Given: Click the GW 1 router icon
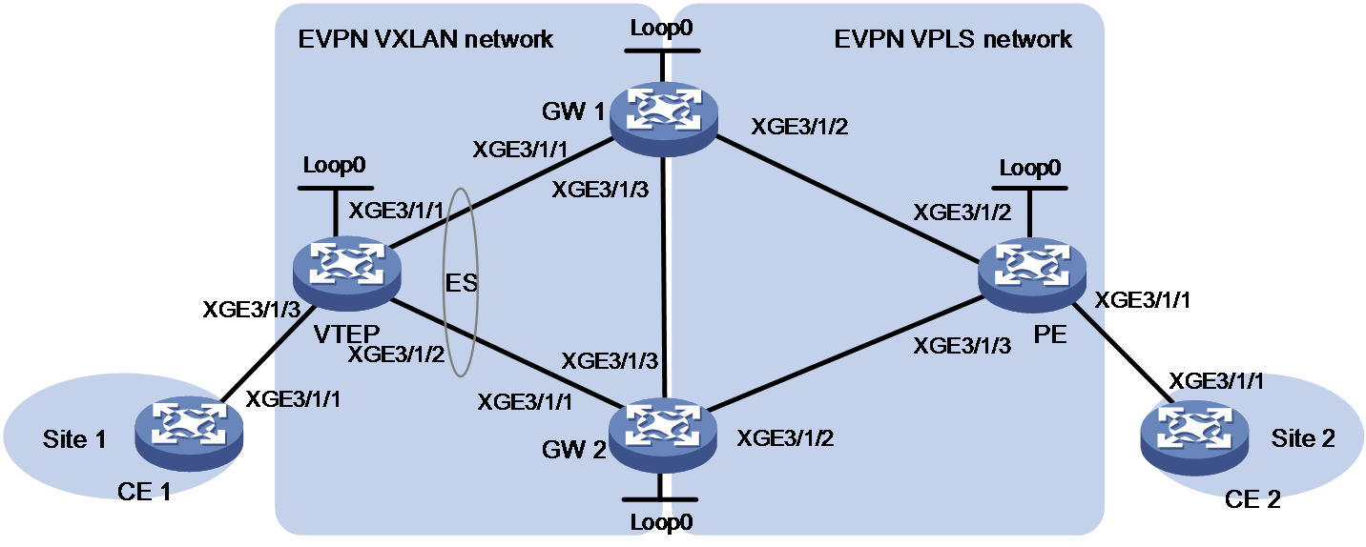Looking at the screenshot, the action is (664, 119).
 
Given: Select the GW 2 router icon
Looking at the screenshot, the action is (663, 436).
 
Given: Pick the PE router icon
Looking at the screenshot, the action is (1032, 275).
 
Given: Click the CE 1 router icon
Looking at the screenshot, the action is (189, 435).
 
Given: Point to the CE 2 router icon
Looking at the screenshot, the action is (1194, 438).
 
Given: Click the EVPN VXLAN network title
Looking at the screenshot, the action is (425, 40).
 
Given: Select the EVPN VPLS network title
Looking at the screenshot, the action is (953, 40).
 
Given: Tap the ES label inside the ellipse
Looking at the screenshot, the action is (461, 283).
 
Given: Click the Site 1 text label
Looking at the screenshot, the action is (74, 439).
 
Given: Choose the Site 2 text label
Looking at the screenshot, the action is (1303, 438).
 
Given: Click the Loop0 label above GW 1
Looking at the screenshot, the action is (661, 28).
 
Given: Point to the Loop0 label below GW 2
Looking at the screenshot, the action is (661, 522).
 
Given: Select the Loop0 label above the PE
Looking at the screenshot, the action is (1030, 168).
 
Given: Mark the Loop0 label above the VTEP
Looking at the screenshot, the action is (334, 165).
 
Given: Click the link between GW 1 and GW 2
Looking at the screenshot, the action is (665, 277).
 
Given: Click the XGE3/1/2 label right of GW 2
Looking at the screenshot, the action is (785, 438).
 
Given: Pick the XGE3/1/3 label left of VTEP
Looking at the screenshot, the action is (251, 310).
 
